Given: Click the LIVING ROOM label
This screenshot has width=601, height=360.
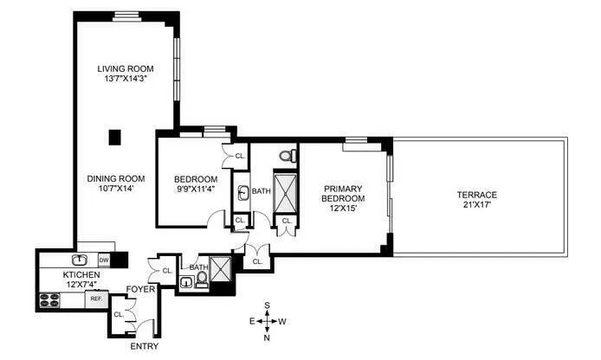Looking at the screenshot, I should pyautogui.click(x=125, y=69).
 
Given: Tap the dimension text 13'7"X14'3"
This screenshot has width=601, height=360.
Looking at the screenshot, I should pyautogui.click(x=125, y=80).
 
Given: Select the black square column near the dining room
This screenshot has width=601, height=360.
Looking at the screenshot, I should pyautogui.click(x=114, y=136).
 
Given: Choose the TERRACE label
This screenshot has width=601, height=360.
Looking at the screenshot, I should pyautogui.click(x=477, y=195).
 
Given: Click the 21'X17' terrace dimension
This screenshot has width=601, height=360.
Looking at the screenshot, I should pyautogui.click(x=477, y=206).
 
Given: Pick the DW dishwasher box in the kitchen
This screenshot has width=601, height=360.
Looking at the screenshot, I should pyautogui.click(x=103, y=260).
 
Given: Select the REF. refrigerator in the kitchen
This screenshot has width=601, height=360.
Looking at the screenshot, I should pyautogui.click(x=96, y=299).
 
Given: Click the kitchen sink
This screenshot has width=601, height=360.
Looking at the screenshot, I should pyautogui.click(x=79, y=259).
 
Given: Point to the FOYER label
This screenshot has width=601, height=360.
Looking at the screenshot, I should pyautogui.click(x=141, y=289).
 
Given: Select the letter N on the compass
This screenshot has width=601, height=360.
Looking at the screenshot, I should pyautogui.click(x=268, y=337).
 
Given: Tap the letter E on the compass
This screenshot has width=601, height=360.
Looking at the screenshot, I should pyautogui.click(x=252, y=321).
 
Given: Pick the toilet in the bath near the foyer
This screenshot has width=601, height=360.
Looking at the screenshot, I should pyautogui.click(x=202, y=280).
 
